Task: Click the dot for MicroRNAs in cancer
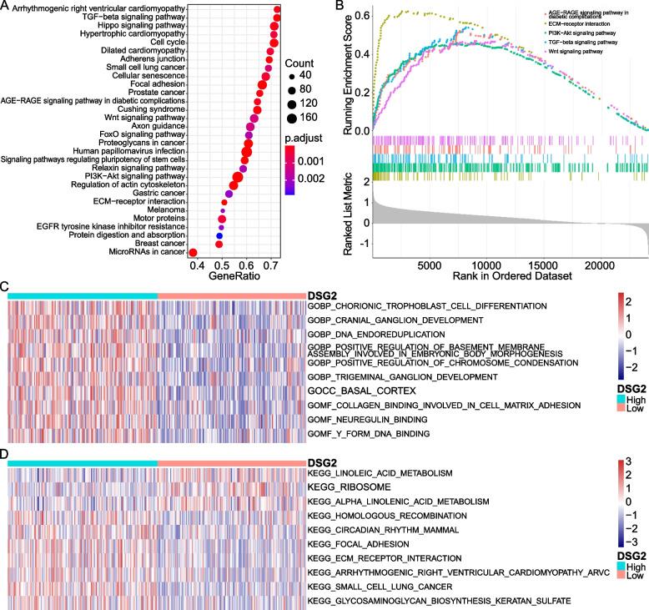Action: [194, 253]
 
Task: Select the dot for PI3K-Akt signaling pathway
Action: [238, 176]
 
